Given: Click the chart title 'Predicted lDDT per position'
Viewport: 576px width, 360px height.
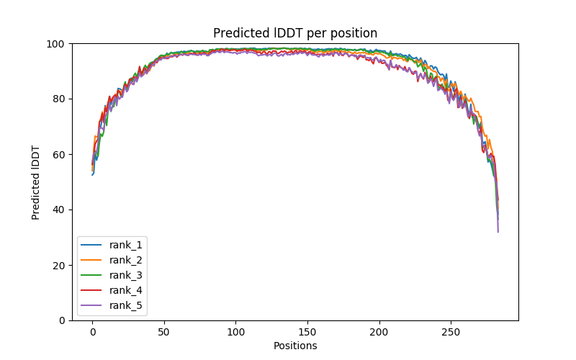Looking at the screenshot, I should tap(294, 33).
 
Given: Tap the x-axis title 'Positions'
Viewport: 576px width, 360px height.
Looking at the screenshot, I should tap(294, 346).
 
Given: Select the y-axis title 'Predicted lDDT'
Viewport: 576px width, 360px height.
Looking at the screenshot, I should tap(36, 181).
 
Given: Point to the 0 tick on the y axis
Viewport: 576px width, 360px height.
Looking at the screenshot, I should tap(63, 320).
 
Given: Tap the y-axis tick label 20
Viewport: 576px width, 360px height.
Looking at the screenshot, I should tap(60, 265).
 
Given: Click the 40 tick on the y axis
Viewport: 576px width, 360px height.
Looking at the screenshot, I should tap(60, 210).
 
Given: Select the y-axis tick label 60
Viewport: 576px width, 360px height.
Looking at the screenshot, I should tap(60, 154).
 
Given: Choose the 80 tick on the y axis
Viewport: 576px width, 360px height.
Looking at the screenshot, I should tap(60, 99).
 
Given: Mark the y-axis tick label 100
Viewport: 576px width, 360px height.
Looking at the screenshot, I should tap(58, 44).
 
